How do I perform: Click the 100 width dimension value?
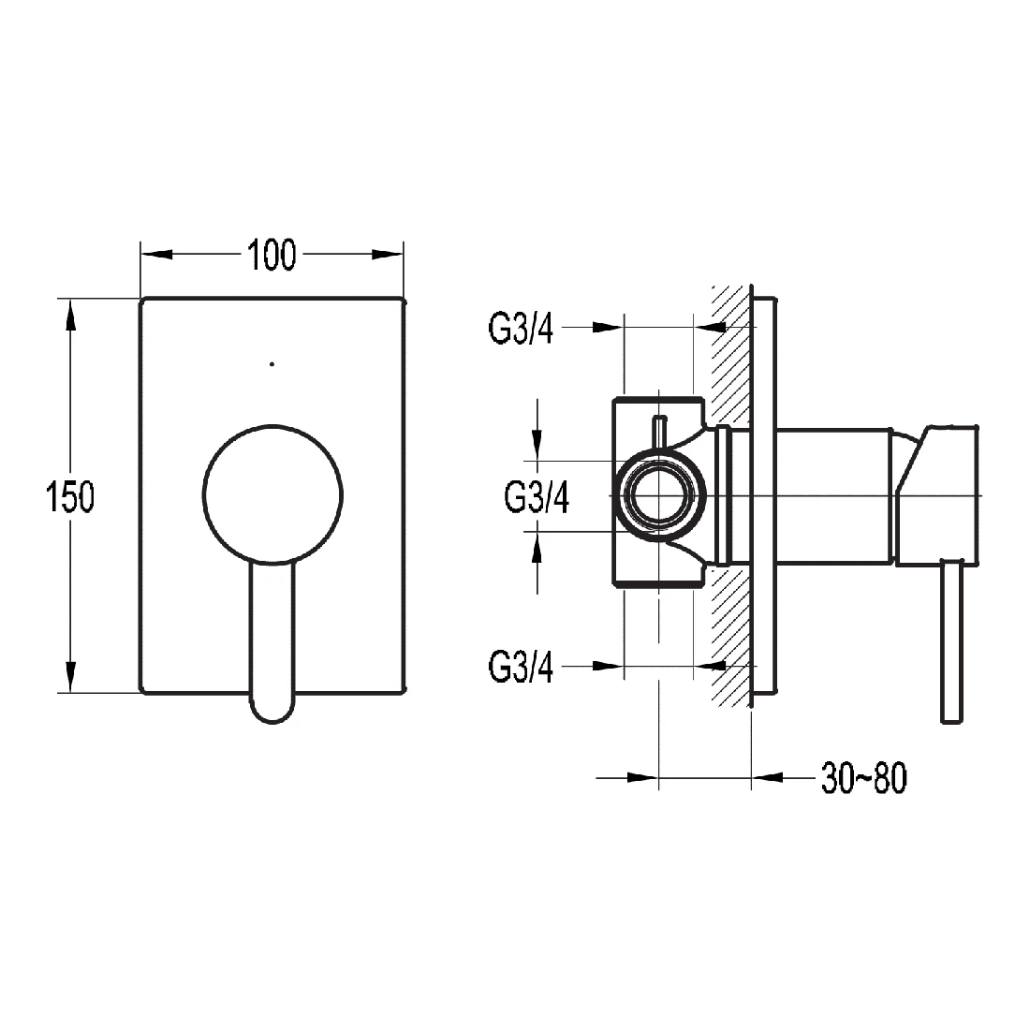272,255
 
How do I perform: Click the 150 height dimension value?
71,495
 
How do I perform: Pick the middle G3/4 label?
537,496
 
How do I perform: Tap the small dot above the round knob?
272,363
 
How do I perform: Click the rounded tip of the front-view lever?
272,707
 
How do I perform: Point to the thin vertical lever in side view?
951,641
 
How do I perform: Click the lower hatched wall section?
730,637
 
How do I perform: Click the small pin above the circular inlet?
659,434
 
